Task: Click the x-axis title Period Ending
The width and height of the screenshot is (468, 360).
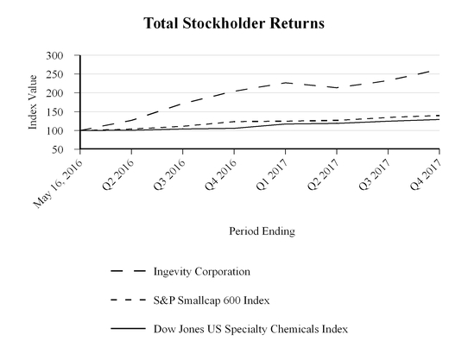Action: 260,231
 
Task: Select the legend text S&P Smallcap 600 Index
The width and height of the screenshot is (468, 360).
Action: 212,300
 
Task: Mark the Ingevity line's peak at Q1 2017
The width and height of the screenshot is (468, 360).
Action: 285,83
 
